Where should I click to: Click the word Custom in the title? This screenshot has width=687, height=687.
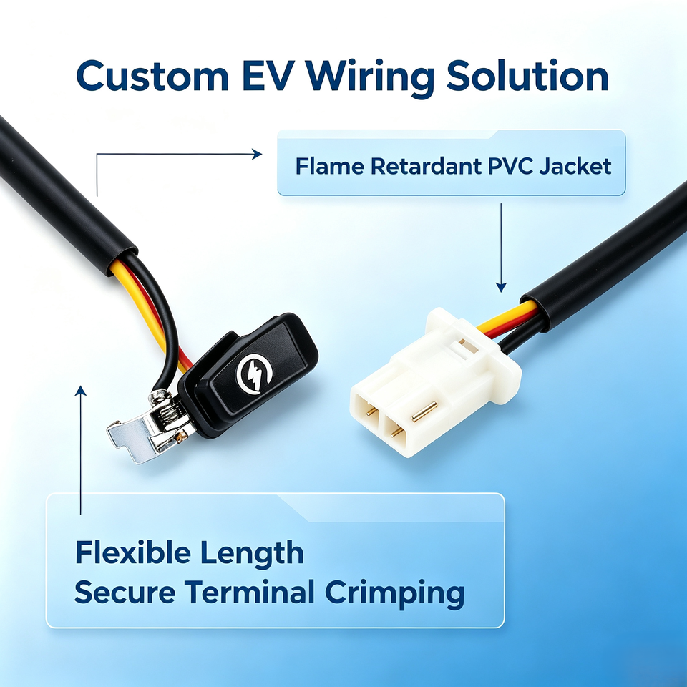152,75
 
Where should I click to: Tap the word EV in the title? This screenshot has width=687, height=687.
267,75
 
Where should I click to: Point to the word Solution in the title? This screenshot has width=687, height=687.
527,75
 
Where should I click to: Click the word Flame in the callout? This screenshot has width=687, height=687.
330,167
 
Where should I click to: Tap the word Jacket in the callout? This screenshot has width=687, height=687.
575,167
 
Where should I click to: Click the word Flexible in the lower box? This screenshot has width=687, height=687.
133,552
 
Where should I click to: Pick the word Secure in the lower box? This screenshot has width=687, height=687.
125,593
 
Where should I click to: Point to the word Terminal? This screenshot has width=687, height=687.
249,592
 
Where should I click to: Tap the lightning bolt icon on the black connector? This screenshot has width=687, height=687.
254,374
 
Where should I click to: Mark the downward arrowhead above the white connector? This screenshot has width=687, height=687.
501,288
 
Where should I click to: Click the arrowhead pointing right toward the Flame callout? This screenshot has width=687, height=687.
257,154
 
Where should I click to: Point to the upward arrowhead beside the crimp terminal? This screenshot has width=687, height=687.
81,391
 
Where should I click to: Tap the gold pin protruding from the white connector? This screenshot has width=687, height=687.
424,411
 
